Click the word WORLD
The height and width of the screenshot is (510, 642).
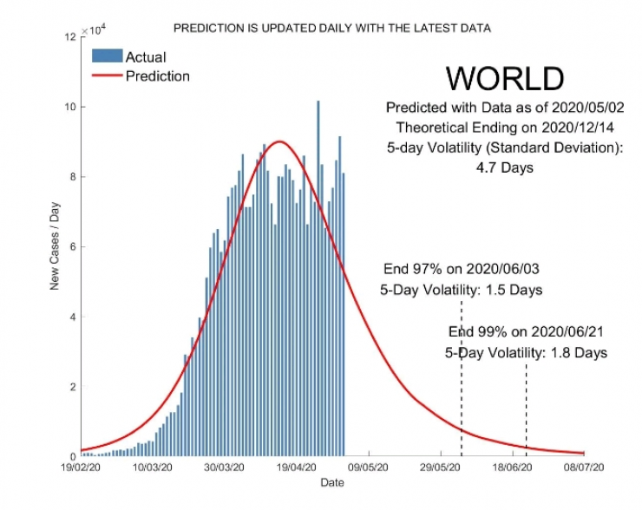504,79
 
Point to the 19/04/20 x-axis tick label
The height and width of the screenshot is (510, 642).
297,467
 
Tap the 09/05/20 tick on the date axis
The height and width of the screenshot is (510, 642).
370,467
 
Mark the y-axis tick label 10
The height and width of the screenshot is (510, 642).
70,107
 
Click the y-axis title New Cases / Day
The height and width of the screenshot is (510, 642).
54,247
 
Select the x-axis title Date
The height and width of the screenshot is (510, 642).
332,482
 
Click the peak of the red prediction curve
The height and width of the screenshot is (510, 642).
279,141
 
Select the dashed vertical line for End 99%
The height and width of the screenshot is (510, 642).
526,408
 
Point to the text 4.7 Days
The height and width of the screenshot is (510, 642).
504,168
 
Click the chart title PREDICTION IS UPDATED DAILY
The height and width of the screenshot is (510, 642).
332,28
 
